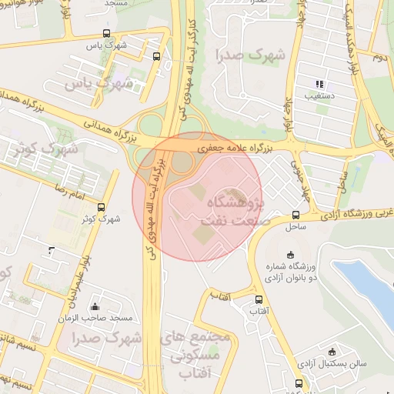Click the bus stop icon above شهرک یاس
(x=106, y=34)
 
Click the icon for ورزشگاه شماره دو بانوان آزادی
(x=290, y=255)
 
